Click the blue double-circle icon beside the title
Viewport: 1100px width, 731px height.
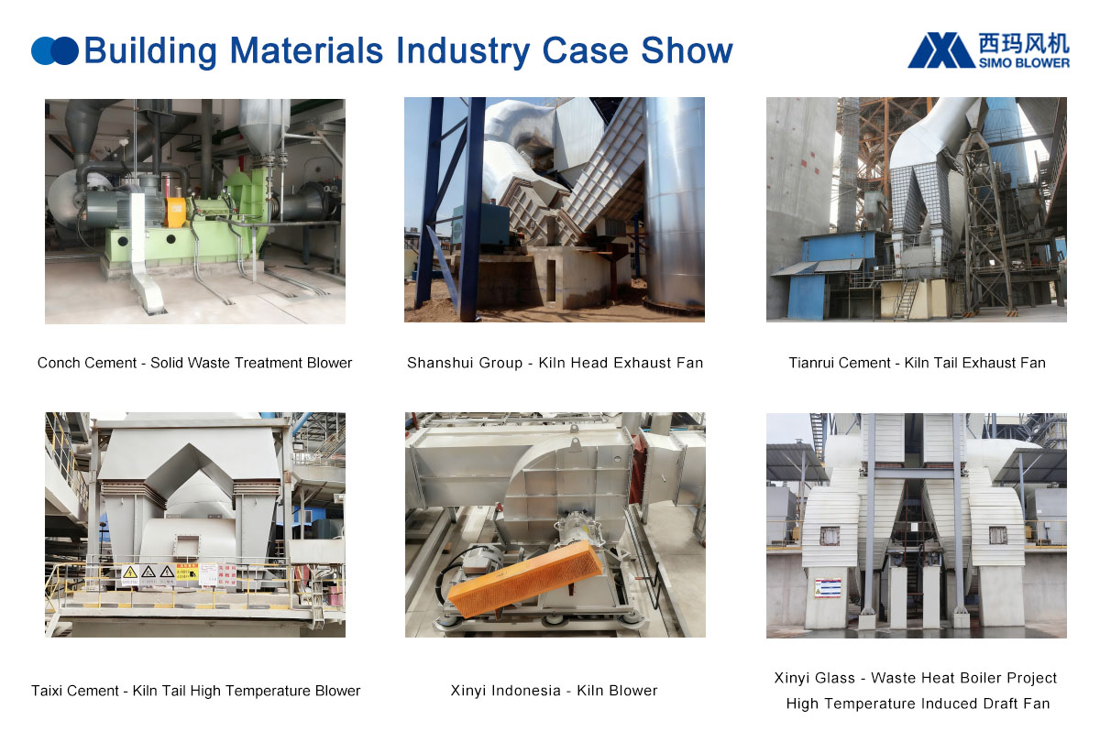click(54, 51)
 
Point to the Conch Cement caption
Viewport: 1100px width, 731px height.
click(194, 363)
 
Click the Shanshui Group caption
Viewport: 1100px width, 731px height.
click(555, 363)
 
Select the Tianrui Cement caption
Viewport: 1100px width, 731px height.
click(917, 363)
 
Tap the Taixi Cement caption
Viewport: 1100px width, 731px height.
click(195, 691)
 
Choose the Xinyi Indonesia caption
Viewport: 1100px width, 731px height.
click(554, 691)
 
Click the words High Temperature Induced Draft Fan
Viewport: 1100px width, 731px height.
click(917, 704)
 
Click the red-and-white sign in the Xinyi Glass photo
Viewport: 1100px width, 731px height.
click(828, 586)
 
